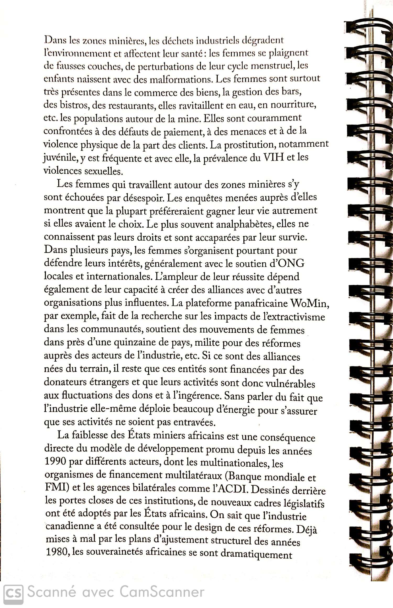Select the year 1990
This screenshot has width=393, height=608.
[55, 461]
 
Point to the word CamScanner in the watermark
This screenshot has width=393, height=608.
[162, 592]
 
